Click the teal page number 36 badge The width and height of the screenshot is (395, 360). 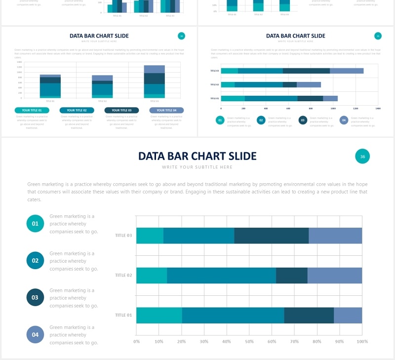(362, 157)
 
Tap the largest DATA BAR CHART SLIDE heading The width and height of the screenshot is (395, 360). (197, 156)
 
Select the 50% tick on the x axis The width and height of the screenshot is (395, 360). (249, 341)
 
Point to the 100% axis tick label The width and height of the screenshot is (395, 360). (362, 341)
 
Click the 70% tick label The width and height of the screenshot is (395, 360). (294, 341)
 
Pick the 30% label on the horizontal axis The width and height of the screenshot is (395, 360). (204, 341)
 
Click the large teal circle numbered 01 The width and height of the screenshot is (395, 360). (35, 224)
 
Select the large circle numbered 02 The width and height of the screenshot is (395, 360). (35, 261)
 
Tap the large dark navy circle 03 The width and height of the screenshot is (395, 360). (35, 298)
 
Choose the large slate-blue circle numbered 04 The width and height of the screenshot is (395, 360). (35, 335)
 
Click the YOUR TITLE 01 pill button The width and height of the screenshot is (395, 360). (32, 110)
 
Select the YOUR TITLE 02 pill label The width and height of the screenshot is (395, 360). (77, 110)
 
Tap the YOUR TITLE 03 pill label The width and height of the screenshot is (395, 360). (121, 110)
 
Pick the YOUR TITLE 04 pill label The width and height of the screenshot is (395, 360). (166, 110)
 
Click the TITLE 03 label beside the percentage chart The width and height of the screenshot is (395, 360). (123, 236)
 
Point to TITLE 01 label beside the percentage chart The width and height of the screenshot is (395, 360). (123, 315)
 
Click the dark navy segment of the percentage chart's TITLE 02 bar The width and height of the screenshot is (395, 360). (291, 276)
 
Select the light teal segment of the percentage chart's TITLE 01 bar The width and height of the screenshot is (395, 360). (159, 315)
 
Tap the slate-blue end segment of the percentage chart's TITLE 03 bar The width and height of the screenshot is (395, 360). (335, 236)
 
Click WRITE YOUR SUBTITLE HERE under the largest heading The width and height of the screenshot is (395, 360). (197, 167)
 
